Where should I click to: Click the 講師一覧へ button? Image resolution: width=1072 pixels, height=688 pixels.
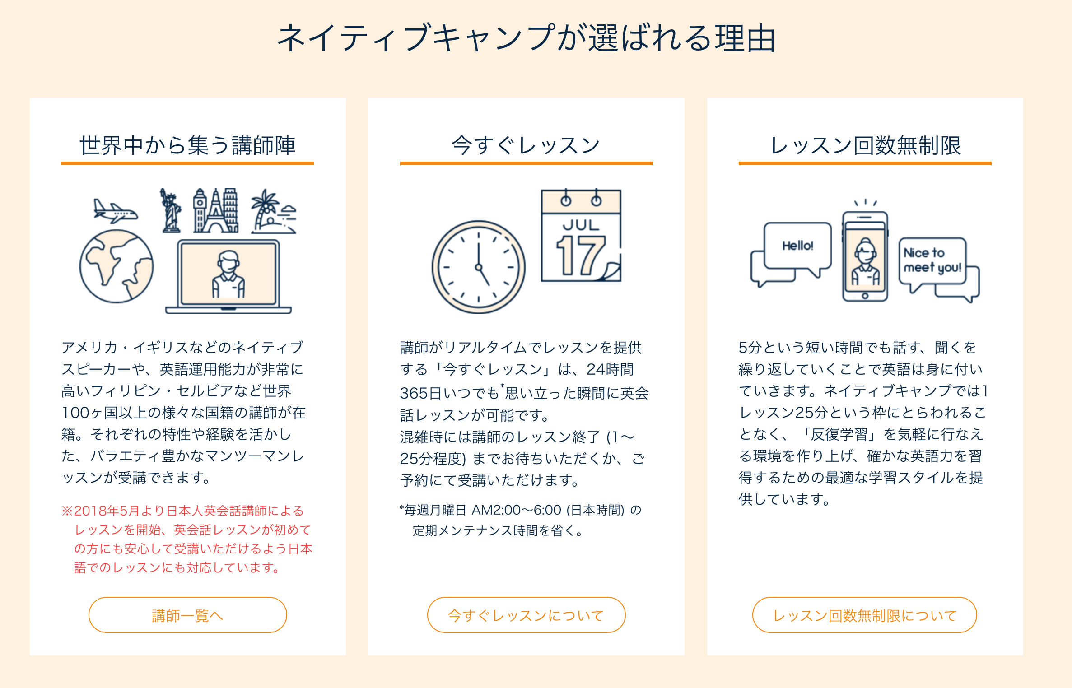(x=187, y=615)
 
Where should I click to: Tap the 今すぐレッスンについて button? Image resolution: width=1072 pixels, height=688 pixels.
(x=526, y=615)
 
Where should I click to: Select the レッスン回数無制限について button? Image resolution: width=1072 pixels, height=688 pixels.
(x=864, y=615)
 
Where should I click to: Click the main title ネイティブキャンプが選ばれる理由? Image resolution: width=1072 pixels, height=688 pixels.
(x=527, y=38)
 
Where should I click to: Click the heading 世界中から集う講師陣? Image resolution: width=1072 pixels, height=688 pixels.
(x=187, y=145)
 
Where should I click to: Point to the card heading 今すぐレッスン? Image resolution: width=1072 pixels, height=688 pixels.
(x=526, y=145)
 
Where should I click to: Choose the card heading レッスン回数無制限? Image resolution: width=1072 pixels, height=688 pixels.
(x=865, y=145)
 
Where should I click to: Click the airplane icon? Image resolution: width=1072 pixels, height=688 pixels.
(x=115, y=211)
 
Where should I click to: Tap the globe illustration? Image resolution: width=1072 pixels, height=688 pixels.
(x=117, y=266)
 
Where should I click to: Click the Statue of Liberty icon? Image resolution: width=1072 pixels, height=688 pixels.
(x=171, y=210)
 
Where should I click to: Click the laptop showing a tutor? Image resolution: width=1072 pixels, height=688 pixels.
(x=228, y=276)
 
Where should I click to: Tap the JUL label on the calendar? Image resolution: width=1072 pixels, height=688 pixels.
(x=581, y=225)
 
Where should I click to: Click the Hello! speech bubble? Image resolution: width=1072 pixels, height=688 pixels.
(x=797, y=246)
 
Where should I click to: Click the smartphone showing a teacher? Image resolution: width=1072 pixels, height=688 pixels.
(x=865, y=256)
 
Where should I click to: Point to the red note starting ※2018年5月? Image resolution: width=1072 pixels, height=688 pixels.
(x=187, y=539)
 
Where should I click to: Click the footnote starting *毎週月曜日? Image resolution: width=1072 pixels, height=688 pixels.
(x=520, y=520)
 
